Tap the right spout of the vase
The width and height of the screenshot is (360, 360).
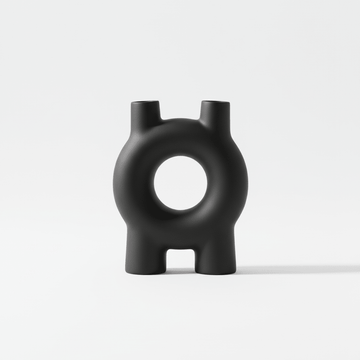click(211, 118)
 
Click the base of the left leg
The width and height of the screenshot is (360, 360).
click(150, 270)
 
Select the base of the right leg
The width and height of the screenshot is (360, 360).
click(210, 270)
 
